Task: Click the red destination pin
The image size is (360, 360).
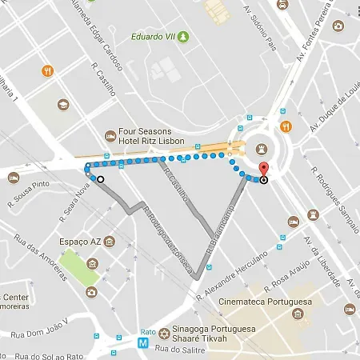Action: click(x=263, y=170)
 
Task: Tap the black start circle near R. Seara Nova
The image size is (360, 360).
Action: click(x=100, y=179)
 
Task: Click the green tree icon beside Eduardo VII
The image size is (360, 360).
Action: click(x=185, y=36)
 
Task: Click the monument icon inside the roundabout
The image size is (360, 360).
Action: click(x=261, y=146)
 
